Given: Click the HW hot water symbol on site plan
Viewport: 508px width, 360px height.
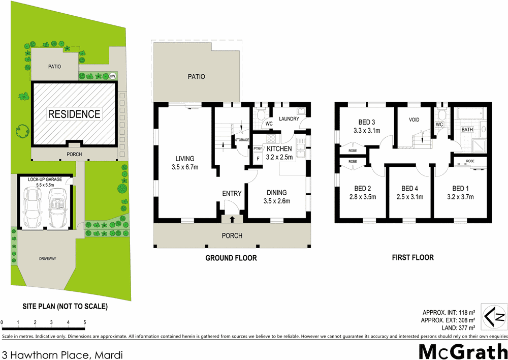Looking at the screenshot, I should tap(112, 76).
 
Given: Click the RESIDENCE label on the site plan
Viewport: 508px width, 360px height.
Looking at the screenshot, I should tap(74, 114).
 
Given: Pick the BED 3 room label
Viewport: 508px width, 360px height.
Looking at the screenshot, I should tap(367, 122).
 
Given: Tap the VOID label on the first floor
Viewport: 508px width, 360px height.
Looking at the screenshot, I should tap(417, 120).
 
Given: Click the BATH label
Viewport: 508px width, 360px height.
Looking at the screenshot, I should tap(467, 130).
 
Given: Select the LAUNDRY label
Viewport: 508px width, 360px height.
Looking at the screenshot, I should tap(289, 119).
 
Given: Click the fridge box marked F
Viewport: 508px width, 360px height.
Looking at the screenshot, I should tap(258, 158).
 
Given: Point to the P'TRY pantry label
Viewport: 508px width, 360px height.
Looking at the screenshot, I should tap(257, 148).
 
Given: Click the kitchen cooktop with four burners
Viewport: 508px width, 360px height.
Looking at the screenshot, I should tap(271, 139).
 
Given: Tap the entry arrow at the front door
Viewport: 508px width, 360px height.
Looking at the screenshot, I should tap(233, 220).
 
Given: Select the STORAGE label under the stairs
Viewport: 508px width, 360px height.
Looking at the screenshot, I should tap(242, 140).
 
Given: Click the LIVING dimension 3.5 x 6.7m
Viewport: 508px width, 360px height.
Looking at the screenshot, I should tap(185, 167).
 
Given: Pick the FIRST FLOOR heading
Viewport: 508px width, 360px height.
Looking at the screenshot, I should tap(412, 257).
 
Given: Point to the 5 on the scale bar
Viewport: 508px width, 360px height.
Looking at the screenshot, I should tap(84, 322).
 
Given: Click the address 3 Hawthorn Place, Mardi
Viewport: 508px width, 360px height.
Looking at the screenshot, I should tap(62, 353).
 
